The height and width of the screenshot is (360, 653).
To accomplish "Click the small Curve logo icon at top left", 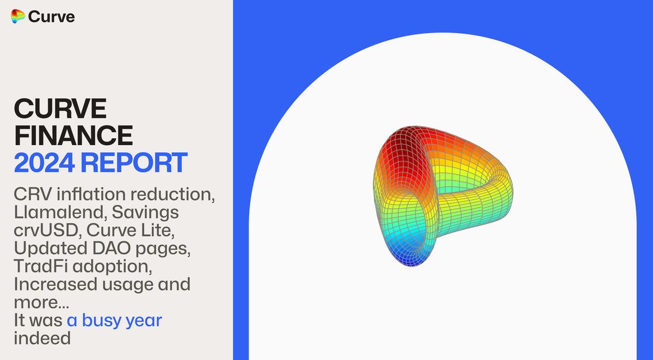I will pos(18,17).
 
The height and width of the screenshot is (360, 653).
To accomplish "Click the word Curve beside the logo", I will pos(51,17).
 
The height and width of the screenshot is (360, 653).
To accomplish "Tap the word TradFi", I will pos(38,267).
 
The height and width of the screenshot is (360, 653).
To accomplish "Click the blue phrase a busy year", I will pos(114,320).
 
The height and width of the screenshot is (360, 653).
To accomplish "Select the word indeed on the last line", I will pos(42,338).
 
